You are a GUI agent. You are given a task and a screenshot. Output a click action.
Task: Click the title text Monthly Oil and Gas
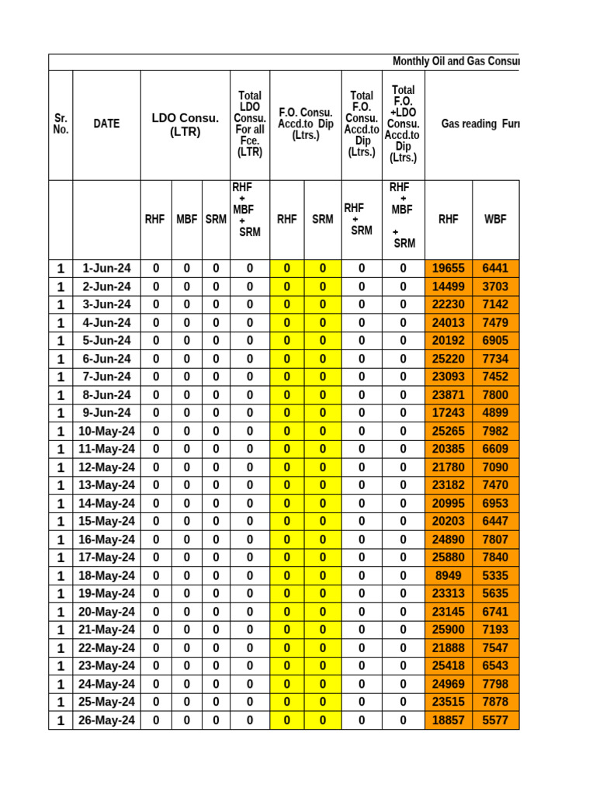pyautogui.click(x=456, y=61)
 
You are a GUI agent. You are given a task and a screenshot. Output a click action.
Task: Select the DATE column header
pyautogui.click(x=106, y=123)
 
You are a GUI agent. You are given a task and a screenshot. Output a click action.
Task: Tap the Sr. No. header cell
pyautogui.click(x=61, y=123)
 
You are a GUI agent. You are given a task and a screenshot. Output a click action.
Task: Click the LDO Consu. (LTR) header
pyautogui.click(x=185, y=124)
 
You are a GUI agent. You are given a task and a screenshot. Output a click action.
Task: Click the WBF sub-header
pyautogui.click(x=495, y=219)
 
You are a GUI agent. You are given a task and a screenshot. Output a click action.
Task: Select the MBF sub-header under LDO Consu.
pyautogui.click(x=186, y=219)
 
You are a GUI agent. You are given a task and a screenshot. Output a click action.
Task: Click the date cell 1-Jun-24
pyautogui.click(x=106, y=269)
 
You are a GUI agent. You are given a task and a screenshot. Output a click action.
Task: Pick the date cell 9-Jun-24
pyautogui.click(x=106, y=413)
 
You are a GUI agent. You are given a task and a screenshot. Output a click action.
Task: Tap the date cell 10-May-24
pyautogui.click(x=106, y=431)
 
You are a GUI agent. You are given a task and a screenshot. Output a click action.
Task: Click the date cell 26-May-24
pyautogui.click(x=106, y=720)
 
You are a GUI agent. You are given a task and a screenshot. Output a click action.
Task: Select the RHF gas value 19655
pyautogui.click(x=448, y=269)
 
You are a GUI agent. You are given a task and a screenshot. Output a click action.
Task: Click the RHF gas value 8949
pyautogui.click(x=448, y=575)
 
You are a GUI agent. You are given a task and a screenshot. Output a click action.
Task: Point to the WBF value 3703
pyautogui.click(x=495, y=286)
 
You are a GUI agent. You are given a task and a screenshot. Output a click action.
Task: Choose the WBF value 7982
pyautogui.click(x=495, y=431)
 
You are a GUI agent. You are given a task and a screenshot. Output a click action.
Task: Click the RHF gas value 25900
pyautogui.click(x=448, y=630)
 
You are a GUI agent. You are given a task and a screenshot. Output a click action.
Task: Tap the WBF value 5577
pyautogui.click(x=495, y=720)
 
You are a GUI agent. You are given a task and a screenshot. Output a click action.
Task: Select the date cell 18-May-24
pyautogui.click(x=106, y=575)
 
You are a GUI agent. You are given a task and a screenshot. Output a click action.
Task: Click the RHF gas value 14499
pyautogui.click(x=448, y=286)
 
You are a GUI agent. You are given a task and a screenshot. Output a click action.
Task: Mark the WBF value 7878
pyautogui.click(x=495, y=702)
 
